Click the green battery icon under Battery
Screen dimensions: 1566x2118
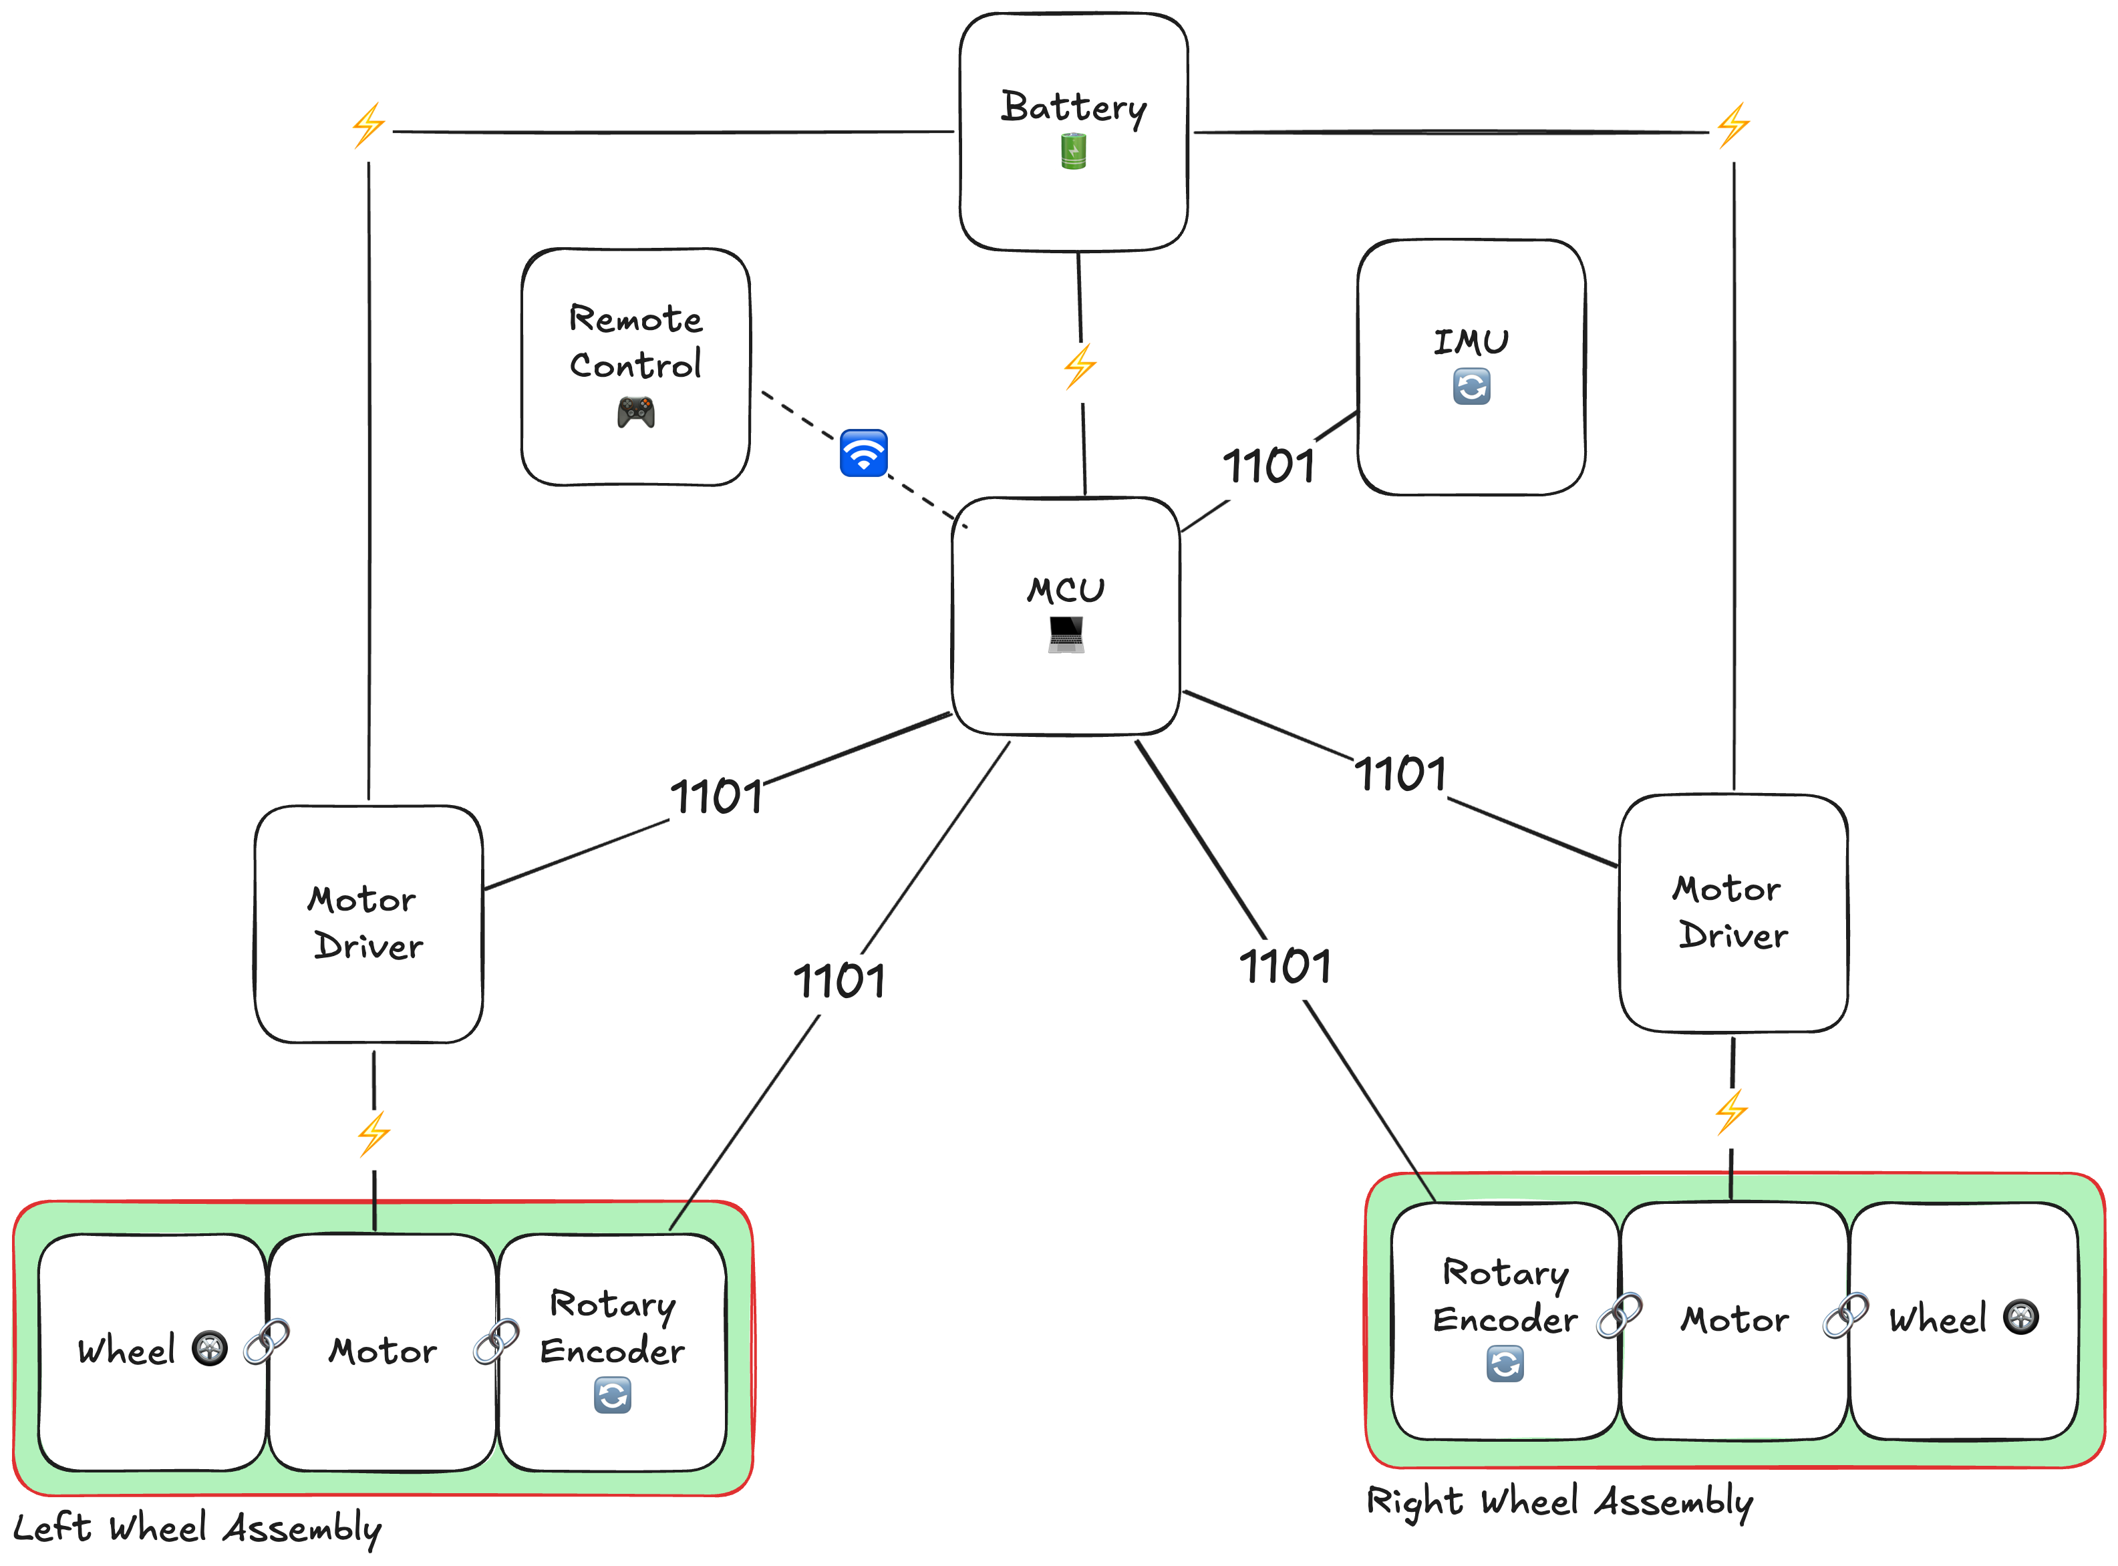(1073, 152)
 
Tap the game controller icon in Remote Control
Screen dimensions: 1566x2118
(635, 412)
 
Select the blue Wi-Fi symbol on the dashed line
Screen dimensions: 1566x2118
(863, 453)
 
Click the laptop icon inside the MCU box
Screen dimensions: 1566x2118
(1066, 634)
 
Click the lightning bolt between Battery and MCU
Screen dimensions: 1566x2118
(1080, 366)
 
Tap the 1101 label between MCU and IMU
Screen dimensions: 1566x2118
(1269, 466)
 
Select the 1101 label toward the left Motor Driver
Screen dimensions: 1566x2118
(717, 796)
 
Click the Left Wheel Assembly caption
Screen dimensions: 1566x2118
(197, 1528)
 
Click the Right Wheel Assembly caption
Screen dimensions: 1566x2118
(1559, 1502)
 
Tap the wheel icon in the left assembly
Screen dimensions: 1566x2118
(210, 1348)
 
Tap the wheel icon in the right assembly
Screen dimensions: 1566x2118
(2020, 1317)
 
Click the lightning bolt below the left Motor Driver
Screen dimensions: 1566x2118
(373, 1134)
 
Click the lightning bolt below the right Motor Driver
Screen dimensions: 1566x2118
(1731, 1112)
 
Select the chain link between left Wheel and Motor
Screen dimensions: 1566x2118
(267, 1342)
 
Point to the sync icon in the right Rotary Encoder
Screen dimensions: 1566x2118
(1505, 1364)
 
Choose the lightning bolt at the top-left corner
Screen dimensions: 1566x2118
(368, 125)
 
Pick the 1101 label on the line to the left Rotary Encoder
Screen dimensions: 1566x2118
(839, 981)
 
